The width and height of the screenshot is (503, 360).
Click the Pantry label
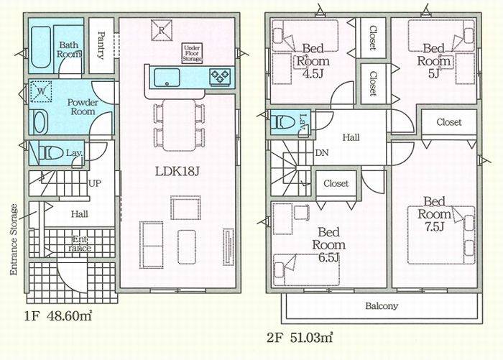(101, 45)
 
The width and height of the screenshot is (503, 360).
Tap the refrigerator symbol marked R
(162, 30)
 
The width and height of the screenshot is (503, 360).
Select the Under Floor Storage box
(192, 53)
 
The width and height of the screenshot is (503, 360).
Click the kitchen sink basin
(167, 78)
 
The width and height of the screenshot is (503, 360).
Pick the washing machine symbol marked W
(41, 92)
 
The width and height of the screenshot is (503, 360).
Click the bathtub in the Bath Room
(41, 47)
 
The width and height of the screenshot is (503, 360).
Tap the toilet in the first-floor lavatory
(51, 153)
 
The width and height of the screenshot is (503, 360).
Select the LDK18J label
(177, 172)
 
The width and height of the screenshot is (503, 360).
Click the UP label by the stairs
(95, 183)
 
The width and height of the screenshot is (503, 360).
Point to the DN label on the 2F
(322, 153)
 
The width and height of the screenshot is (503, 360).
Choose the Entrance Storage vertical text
(14, 239)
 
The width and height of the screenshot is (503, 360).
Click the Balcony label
(382, 306)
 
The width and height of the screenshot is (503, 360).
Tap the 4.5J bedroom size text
(313, 73)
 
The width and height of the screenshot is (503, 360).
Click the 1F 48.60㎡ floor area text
(58, 316)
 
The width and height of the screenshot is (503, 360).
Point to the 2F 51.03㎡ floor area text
(300, 338)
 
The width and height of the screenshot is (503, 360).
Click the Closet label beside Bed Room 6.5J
(336, 183)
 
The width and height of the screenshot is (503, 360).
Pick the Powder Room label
(83, 107)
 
